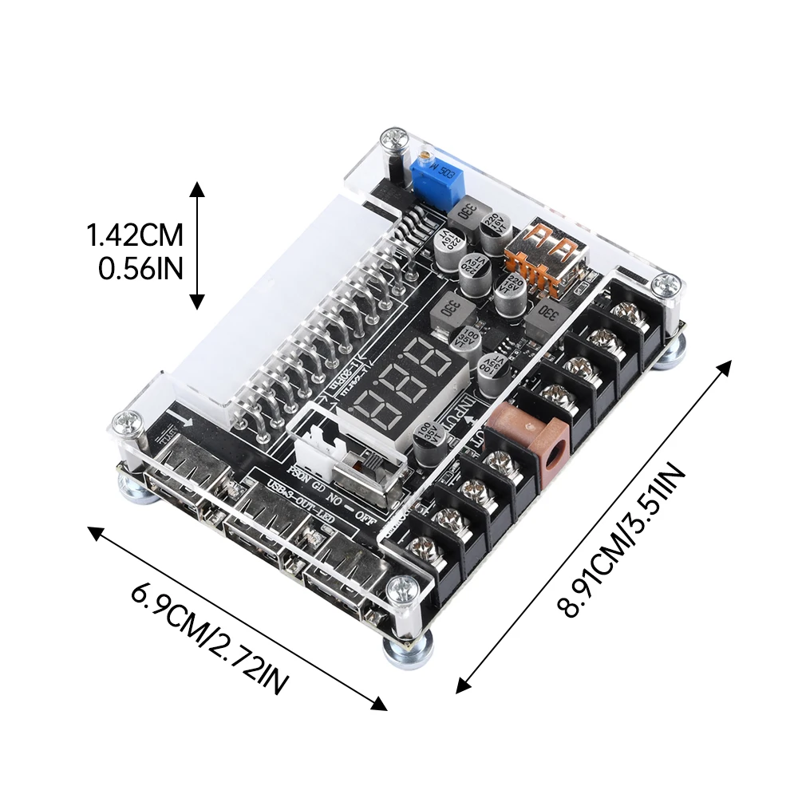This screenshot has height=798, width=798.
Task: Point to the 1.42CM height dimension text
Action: [136, 235]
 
